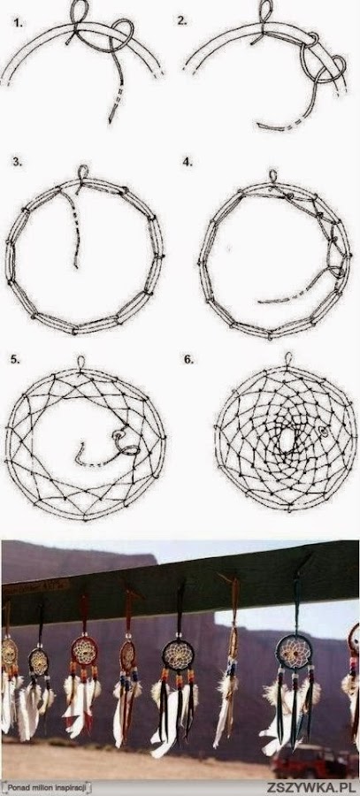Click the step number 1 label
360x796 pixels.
pos(19,23)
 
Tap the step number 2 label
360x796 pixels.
pos(182,20)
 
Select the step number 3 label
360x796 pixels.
pos(18,163)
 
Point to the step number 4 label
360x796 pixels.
pos(188,162)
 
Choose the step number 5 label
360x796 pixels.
pos(15,359)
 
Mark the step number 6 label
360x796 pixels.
pos(188,359)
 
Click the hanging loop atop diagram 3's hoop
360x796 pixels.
pos(83,172)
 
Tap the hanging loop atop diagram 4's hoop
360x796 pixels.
pos(273,176)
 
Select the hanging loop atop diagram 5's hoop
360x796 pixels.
pos(80,362)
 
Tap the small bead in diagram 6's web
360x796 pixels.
pos(323,432)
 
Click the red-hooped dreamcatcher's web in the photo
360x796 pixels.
pos(84,650)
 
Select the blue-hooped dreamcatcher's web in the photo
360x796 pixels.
pos(295,651)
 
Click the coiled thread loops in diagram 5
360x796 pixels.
pos(126,442)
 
